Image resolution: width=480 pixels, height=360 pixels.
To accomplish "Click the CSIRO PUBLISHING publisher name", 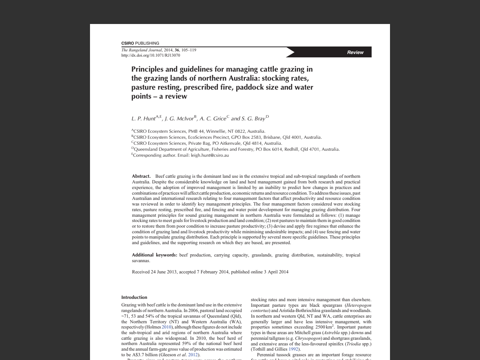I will pos(140,43).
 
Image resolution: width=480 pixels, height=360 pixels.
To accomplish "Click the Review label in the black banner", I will pos(355,52).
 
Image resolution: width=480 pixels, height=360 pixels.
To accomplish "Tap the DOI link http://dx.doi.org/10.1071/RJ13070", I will pos(150,55).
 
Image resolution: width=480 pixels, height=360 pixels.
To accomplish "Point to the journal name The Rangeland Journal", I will pos(141,50).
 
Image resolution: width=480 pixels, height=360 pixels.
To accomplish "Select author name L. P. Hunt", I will pos(143,119).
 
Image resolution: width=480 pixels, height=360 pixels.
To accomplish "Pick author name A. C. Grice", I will pos(213,119).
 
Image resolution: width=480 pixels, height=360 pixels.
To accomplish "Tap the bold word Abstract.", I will pos(141,176).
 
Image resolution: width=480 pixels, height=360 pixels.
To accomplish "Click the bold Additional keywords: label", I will pos(154,255).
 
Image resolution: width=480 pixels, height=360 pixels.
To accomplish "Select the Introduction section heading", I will pos(134,297).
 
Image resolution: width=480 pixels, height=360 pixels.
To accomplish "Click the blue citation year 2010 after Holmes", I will pos(166,327).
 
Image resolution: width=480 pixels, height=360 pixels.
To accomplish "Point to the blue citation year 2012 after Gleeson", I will pos(193,355).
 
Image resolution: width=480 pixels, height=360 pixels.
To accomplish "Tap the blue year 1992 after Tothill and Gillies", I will pos(293,349).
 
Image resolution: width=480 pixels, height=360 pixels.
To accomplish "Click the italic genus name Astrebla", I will pos(331,333).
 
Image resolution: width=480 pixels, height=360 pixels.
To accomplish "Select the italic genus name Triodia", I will pos(354,344).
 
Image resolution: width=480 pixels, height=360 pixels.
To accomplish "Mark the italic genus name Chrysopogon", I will pos(308,338).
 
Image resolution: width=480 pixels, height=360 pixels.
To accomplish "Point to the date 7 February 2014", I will pos(213,272).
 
